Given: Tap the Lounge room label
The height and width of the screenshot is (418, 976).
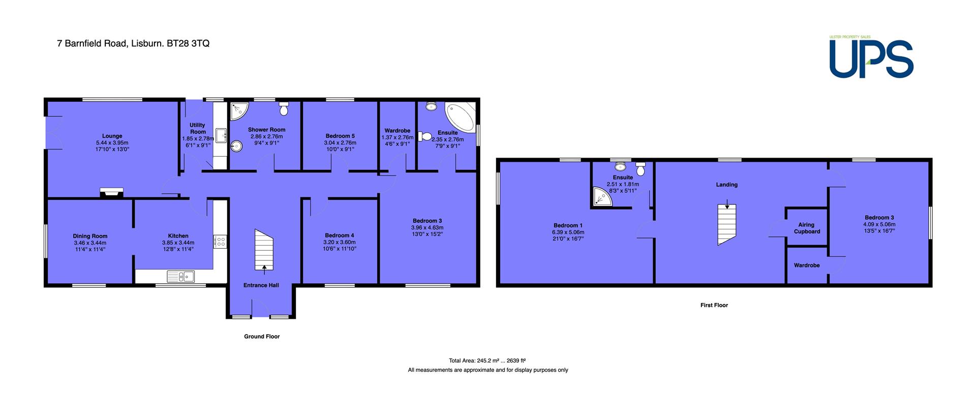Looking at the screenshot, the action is tap(112, 136).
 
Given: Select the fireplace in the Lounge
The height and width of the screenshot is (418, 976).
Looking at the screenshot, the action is tap(111, 192).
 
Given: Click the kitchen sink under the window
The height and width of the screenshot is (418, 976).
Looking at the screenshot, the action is tap(180, 276).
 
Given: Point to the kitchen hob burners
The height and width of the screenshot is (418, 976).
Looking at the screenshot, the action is tap(221, 241).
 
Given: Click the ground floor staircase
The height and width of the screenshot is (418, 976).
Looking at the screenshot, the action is tap(264, 250).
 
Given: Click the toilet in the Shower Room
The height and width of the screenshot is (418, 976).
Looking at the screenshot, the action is tap(284, 108).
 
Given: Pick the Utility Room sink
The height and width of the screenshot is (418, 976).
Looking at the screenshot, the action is tap(221, 136).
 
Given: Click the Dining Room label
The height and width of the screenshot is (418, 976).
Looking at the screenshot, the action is tap(90, 236).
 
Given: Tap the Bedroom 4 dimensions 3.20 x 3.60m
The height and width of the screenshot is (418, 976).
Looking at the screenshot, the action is tap(339, 242).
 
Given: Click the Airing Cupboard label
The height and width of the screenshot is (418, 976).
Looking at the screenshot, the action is tap(807, 228).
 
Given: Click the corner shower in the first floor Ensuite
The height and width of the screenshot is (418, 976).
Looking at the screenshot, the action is tap(602, 197).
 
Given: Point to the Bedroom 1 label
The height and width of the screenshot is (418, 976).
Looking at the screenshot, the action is tap(568, 225).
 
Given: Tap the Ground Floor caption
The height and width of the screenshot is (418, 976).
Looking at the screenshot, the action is tap(262, 336).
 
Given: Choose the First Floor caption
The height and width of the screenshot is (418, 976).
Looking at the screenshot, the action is tap(714, 305).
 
